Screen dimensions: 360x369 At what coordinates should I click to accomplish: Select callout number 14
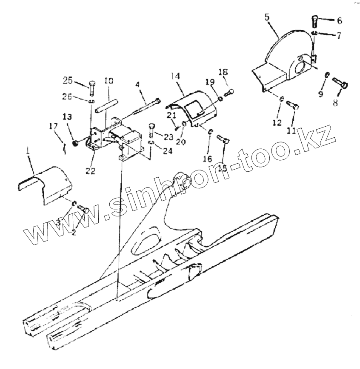coord(175,77)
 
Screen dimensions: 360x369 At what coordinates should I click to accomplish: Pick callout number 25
coord(68,80)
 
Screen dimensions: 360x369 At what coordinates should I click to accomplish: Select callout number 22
coord(90,171)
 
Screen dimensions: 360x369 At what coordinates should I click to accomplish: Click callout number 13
coord(68,116)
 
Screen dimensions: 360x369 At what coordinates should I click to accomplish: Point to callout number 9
coord(321,93)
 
